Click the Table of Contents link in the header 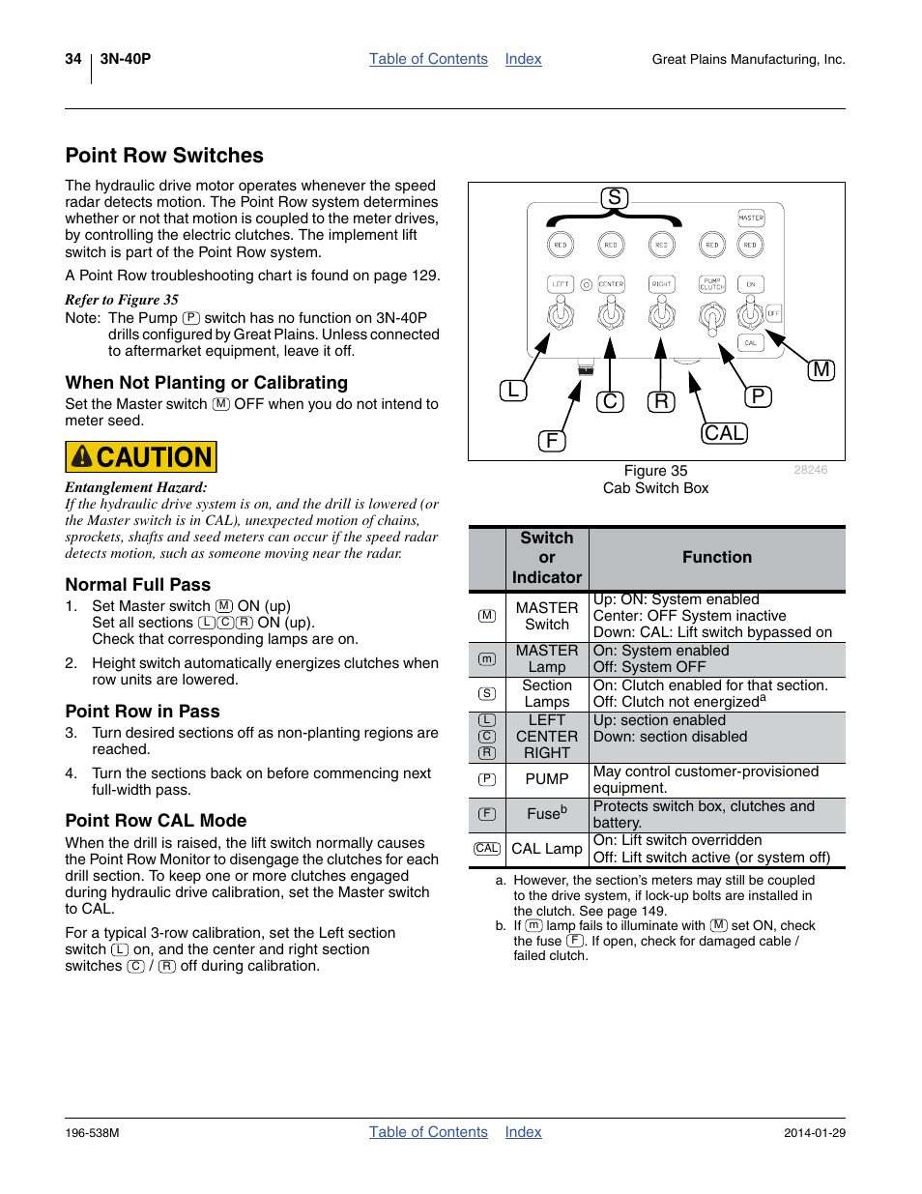428,59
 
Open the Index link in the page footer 523,1132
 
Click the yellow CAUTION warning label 141,456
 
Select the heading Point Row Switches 164,156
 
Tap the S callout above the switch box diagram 614,198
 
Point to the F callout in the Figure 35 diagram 551,441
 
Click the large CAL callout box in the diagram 724,433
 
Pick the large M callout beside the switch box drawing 821,369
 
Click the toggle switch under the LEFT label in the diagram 561,312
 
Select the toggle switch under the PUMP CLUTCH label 712,315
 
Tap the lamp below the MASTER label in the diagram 750,246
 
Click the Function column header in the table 716,558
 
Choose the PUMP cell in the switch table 547,779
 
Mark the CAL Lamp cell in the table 547,849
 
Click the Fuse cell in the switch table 547,814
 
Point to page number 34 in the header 73,59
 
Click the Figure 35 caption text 655,471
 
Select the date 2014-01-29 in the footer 814,1133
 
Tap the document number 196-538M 93,1133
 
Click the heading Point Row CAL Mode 157,821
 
